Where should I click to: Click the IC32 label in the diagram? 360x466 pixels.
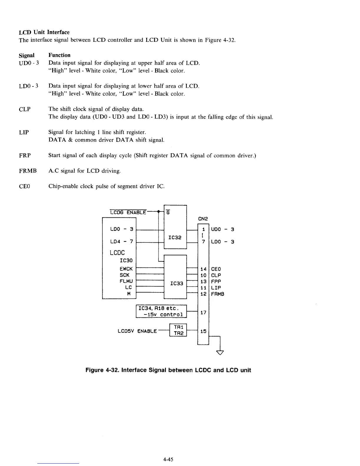(x=175, y=237)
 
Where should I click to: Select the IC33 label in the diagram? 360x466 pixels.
(x=177, y=283)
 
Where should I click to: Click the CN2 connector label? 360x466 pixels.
(x=203, y=219)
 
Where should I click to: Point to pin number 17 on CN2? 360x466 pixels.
(x=203, y=312)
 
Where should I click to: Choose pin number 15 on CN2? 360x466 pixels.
(x=203, y=332)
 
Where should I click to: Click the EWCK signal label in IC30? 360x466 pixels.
(x=126, y=269)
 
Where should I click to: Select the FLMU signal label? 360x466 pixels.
(x=126, y=281)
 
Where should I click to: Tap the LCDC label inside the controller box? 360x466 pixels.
(x=117, y=253)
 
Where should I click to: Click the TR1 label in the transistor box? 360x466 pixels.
(x=179, y=327)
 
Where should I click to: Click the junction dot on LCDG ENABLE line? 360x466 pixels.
(x=158, y=211)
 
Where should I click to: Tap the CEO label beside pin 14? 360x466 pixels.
(x=216, y=269)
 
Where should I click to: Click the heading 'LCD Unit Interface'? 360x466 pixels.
(x=44, y=32)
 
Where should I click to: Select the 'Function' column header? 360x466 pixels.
(x=59, y=55)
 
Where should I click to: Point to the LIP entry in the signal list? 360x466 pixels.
(x=24, y=132)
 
